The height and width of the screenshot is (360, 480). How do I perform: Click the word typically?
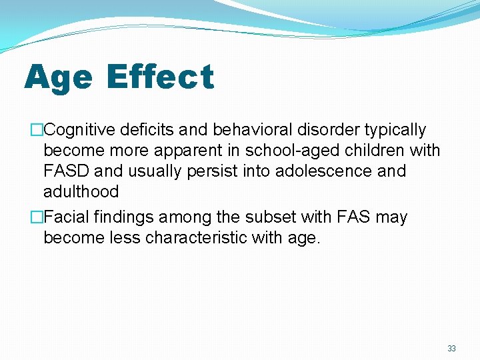(x=393, y=130)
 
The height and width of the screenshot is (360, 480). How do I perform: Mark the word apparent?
(x=207, y=151)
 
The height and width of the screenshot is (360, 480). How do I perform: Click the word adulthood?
(x=81, y=192)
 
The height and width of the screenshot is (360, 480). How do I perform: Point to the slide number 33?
(x=451, y=348)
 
